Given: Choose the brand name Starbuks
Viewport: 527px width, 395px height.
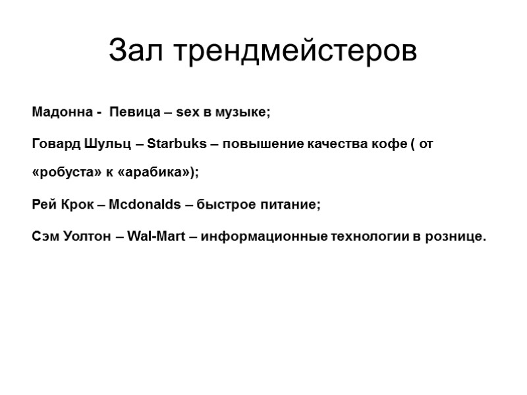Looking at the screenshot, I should point(174,144).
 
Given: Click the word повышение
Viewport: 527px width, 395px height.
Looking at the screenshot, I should point(258,144).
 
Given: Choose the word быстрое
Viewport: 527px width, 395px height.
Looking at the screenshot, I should point(223,205).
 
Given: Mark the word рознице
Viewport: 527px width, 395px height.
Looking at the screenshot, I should point(455,236).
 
